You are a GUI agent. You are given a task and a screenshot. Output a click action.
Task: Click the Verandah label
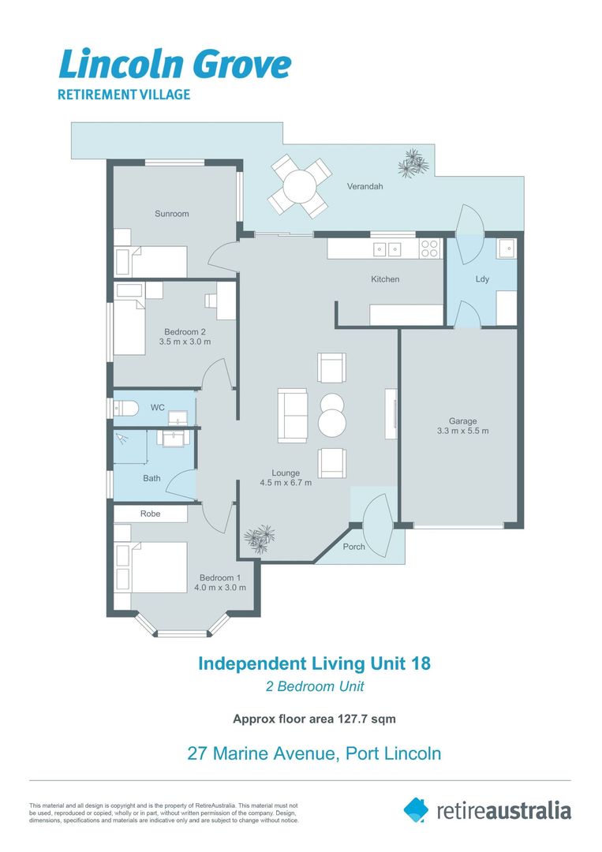365,186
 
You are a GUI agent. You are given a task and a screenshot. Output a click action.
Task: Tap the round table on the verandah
299,186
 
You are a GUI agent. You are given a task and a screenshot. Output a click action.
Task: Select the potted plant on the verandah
413,163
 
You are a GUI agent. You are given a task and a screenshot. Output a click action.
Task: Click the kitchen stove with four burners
429,248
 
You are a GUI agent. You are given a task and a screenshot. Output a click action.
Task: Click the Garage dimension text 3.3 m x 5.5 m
463,431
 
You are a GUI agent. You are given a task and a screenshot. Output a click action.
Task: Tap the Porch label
354,547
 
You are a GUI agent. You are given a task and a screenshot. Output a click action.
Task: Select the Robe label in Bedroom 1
151,514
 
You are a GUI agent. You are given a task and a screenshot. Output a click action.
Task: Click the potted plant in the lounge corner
260,539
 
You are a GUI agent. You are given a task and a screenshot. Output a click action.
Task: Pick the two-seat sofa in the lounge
293,415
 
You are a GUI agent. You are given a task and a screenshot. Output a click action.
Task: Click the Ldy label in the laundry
483,279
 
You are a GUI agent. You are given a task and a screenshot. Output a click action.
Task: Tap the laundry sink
507,248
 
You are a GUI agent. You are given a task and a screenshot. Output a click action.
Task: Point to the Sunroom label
172,214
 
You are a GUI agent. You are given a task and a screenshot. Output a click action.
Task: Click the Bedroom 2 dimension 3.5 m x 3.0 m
185,342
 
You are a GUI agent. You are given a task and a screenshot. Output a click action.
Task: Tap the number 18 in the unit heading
421,663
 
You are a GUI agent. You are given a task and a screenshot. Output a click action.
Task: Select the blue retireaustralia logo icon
416,809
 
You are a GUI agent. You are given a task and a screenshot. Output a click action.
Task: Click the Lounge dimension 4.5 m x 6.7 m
286,483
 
